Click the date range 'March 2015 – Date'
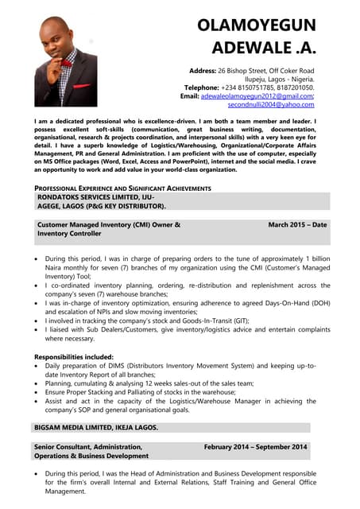297,224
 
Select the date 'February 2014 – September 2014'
255,447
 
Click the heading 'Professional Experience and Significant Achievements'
122,188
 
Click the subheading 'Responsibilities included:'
74,357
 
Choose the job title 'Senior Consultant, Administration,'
88,447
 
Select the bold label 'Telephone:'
206,87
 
